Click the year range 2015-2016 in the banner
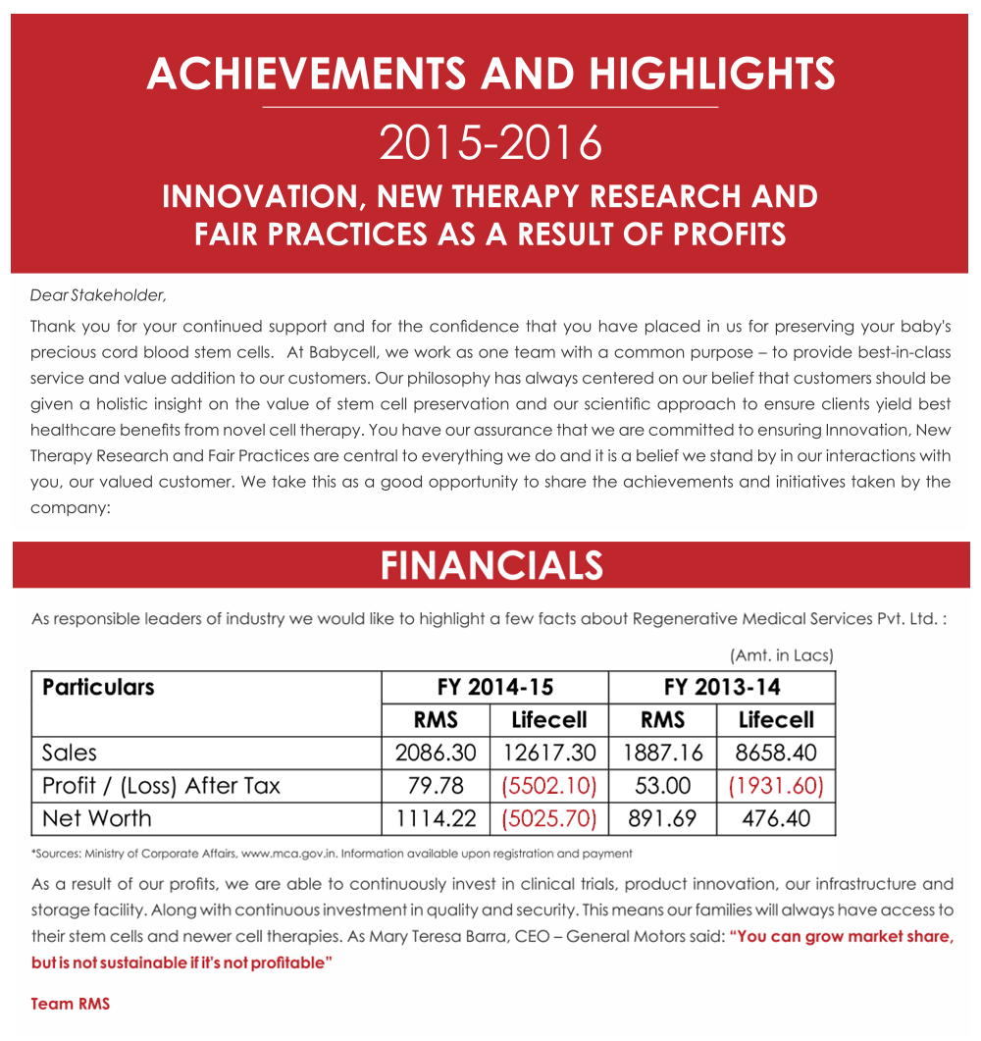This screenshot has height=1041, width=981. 490,143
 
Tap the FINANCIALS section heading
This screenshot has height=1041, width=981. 491,565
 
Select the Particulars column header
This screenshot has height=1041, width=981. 98,687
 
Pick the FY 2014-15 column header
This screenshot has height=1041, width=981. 494,687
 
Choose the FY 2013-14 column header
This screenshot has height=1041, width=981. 722,687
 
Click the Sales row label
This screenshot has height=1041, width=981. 70,753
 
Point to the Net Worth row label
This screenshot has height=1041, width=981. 97,818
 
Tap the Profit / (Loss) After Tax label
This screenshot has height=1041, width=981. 161,786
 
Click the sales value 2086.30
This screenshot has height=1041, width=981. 436,753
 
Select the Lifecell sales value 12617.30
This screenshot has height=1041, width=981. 549,753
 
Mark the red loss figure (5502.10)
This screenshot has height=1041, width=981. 549,786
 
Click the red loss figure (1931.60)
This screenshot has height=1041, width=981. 776,786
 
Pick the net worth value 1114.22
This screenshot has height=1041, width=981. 436,818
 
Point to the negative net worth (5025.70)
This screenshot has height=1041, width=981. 549,818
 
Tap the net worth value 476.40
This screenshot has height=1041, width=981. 776,818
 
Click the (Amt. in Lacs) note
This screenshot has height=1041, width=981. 781,654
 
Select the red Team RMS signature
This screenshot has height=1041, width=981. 71,1004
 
